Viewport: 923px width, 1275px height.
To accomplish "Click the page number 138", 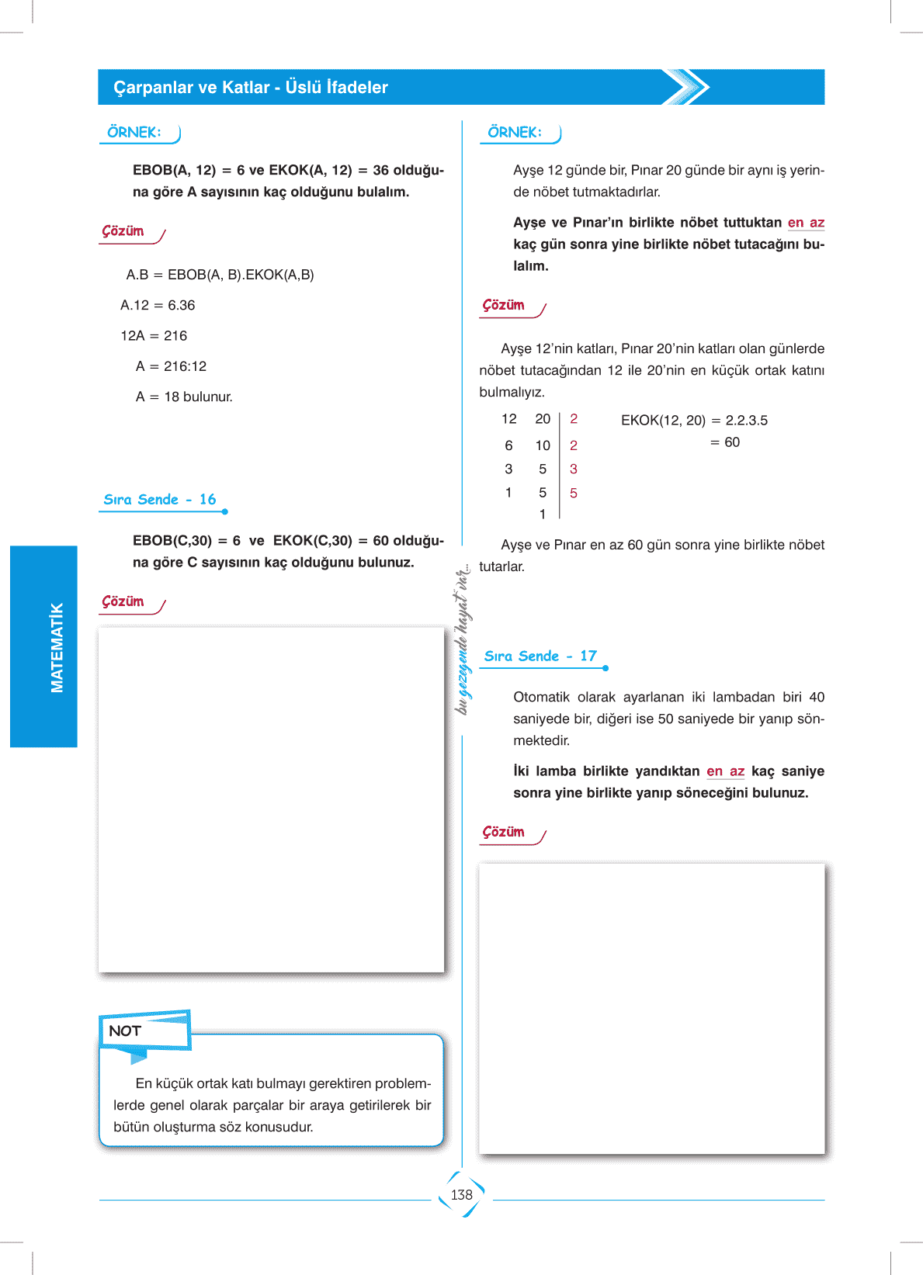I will click(462, 1195).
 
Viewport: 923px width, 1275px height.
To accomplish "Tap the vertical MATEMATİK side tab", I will click(57, 647).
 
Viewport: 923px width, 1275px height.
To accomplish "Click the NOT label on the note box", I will click(125, 1031).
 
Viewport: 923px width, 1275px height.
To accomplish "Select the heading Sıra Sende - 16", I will click(160, 500).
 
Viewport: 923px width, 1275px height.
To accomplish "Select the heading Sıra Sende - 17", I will click(540, 657).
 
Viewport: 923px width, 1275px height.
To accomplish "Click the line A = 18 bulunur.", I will click(184, 397).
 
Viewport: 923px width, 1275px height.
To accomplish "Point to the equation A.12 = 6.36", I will click(158, 305).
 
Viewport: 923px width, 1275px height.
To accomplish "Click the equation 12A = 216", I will click(154, 335).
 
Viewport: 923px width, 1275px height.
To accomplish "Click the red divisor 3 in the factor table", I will click(574, 469).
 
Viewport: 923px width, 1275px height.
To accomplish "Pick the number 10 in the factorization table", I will click(543, 445).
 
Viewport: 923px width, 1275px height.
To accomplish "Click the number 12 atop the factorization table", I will click(509, 419).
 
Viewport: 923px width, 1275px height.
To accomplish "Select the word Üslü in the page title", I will click(303, 87).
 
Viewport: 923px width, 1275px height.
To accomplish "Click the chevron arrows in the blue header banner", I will click(686, 87).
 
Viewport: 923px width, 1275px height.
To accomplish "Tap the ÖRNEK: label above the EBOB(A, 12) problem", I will click(134, 133).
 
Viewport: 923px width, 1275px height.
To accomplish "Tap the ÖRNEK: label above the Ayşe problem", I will click(515, 133).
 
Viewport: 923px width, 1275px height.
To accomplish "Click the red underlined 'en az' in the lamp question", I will click(725, 771).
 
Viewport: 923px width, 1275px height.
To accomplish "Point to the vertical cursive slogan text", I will click(463, 638).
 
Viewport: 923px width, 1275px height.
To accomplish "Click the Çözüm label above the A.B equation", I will click(123, 231).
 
